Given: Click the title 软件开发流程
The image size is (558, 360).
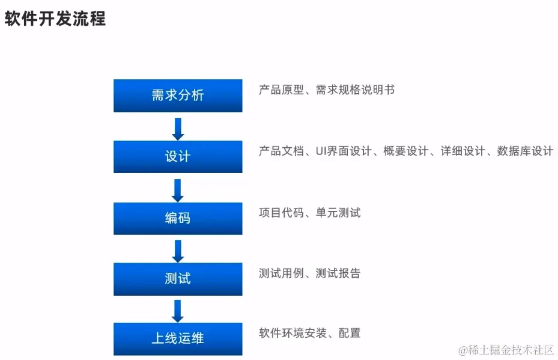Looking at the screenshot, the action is (55, 19).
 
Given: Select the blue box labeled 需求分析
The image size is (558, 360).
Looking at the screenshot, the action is (178, 96).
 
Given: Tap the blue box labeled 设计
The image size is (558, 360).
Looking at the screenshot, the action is (178, 157).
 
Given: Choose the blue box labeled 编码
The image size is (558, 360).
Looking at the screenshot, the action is (178, 218).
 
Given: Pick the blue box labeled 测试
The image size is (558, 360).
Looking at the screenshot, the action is (178, 279).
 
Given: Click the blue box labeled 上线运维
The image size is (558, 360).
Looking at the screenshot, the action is (178, 339).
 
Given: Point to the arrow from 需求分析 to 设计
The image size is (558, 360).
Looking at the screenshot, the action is (178, 128).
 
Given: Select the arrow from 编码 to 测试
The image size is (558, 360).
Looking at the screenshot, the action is (178, 250).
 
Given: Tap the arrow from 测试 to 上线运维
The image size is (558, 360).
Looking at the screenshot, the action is (178, 310).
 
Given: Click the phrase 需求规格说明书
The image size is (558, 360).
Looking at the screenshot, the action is (355, 90).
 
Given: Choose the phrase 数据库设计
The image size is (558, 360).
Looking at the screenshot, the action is (525, 151).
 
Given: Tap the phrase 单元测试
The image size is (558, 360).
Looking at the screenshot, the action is (338, 213).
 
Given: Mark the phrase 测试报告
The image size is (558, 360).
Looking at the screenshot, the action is (338, 273).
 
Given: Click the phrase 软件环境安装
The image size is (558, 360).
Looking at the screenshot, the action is (287, 333).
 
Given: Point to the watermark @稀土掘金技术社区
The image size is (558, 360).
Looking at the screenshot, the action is (506, 350).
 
